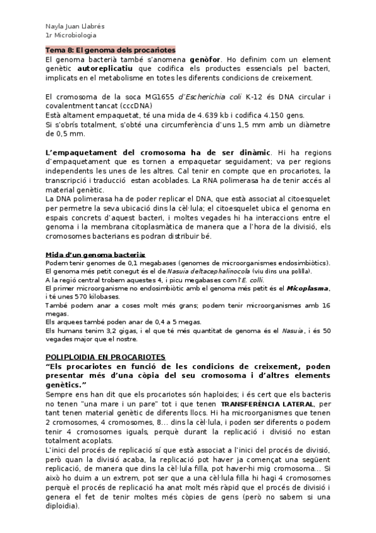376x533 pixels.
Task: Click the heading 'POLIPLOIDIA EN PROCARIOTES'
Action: [105, 356]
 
